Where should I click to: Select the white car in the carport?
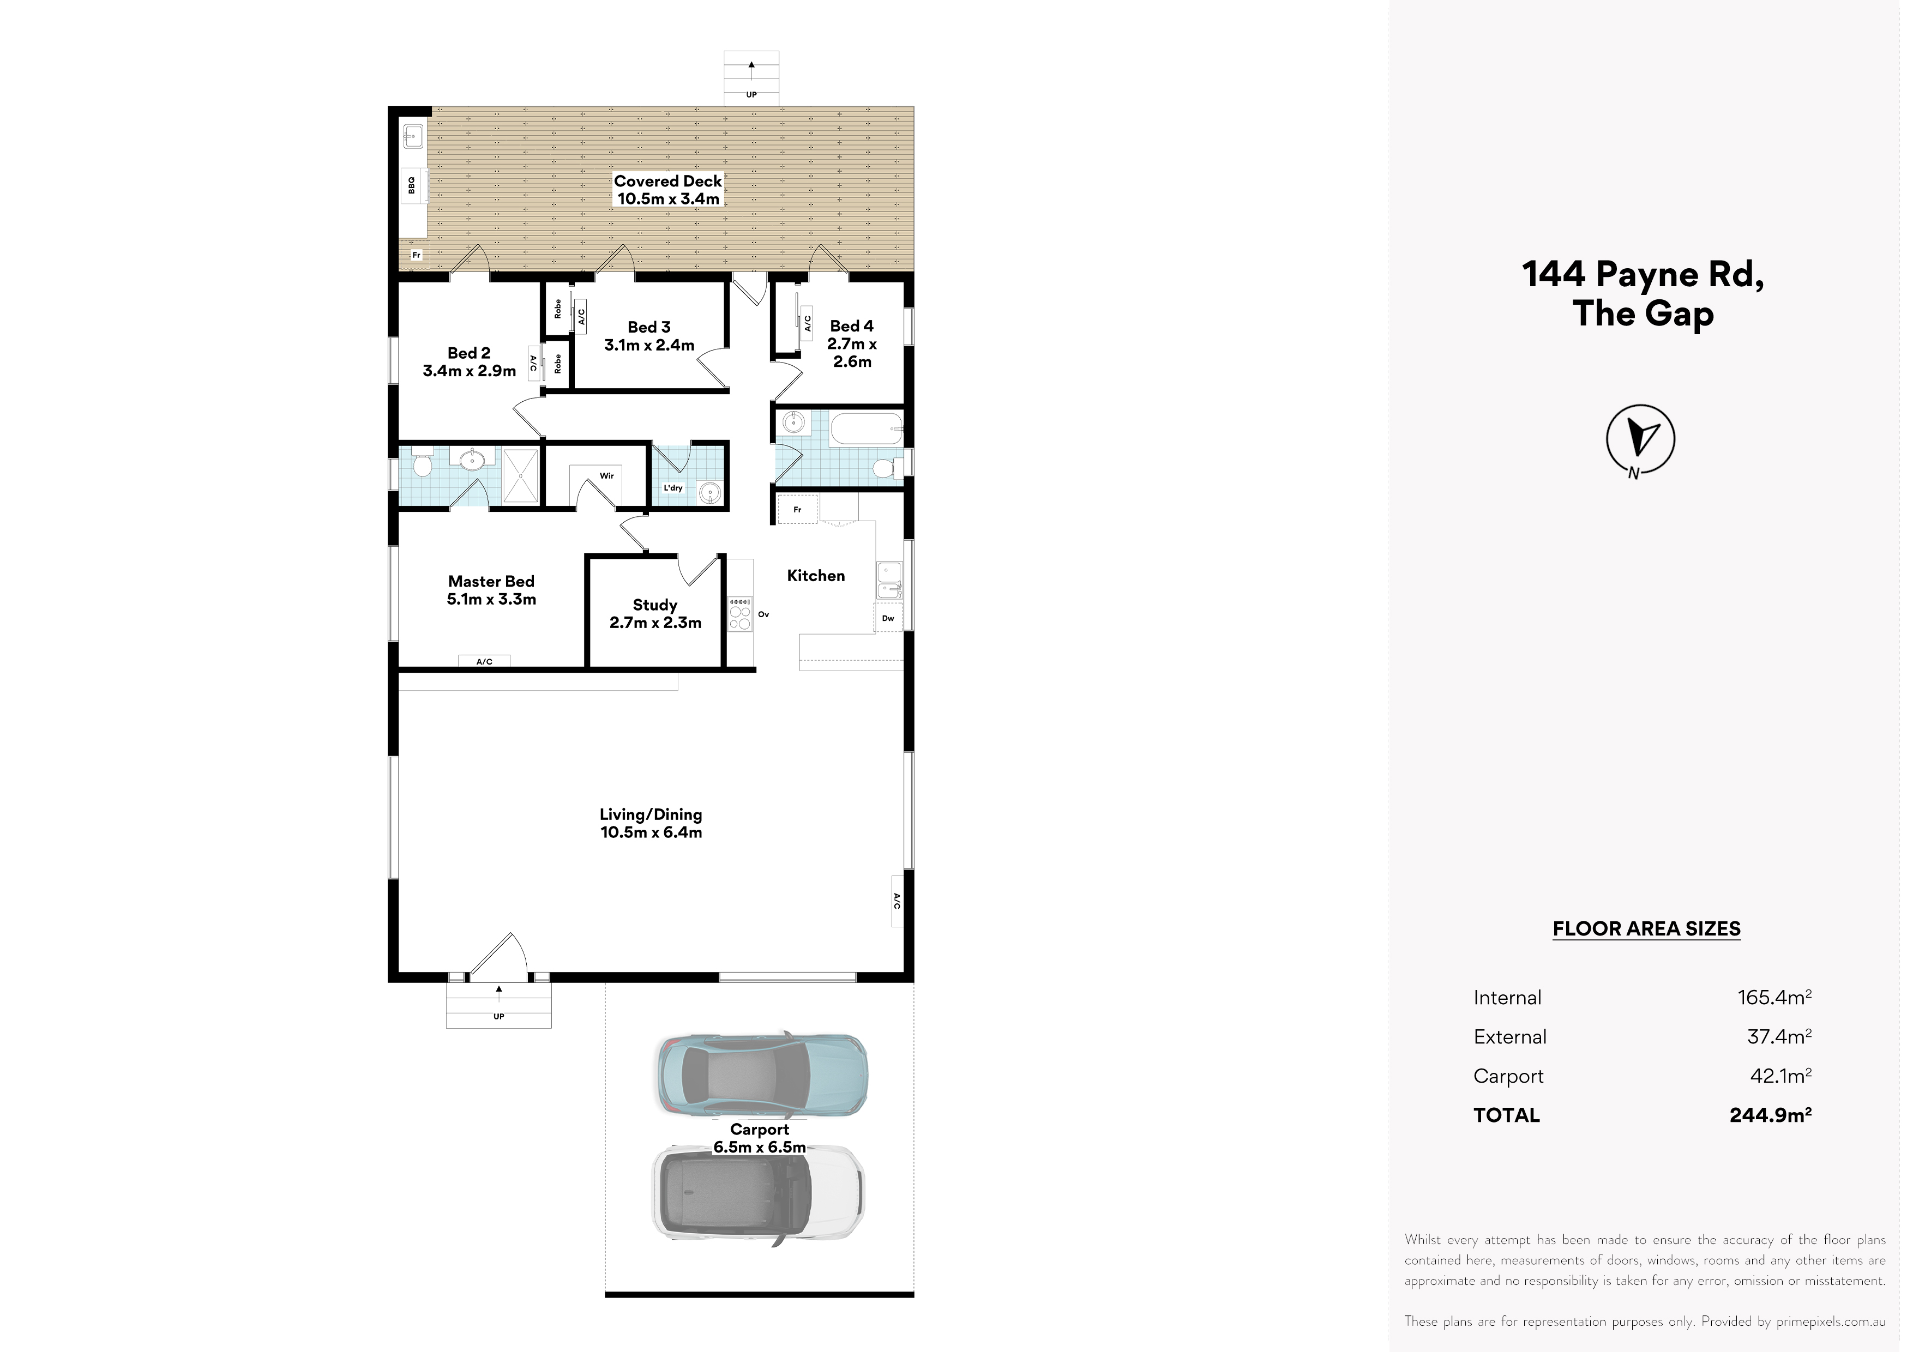pyautogui.click(x=758, y=1193)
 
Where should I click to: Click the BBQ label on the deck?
pyautogui.click(x=412, y=185)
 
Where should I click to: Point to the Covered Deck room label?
pyautogui.click(x=668, y=181)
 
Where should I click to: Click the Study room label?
pyautogui.click(x=655, y=605)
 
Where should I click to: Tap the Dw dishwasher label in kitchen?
pyautogui.click(x=888, y=618)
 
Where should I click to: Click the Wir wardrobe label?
pyautogui.click(x=606, y=476)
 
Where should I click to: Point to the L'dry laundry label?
pyautogui.click(x=673, y=488)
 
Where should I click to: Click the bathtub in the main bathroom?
pyautogui.click(x=867, y=430)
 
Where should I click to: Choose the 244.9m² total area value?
pyautogui.click(x=1771, y=1115)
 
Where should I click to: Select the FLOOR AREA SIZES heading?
pyautogui.click(x=1646, y=929)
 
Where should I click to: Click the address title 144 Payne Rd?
pyautogui.click(x=1643, y=275)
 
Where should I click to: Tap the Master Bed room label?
pyautogui.click(x=491, y=582)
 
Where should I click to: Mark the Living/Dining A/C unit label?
pyautogui.click(x=898, y=901)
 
